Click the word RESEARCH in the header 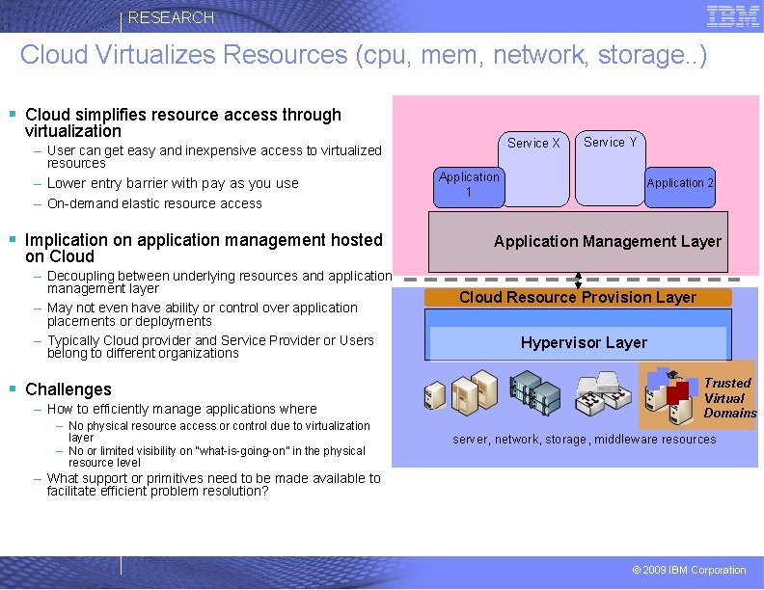point(171,17)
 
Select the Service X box point(533,144)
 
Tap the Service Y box point(610,143)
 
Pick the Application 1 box point(469,184)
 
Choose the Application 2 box point(680,183)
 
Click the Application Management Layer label point(607,242)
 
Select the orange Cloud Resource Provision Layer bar point(578,297)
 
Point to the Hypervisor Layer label point(584,342)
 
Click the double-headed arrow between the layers point(578,280)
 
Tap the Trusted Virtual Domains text point(728,397)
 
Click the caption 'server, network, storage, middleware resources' point(585,440)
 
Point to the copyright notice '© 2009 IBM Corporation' point(689,570)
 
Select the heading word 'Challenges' point(68,389)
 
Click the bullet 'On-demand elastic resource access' point(154,203)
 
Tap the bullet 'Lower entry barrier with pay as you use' point(173,183)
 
